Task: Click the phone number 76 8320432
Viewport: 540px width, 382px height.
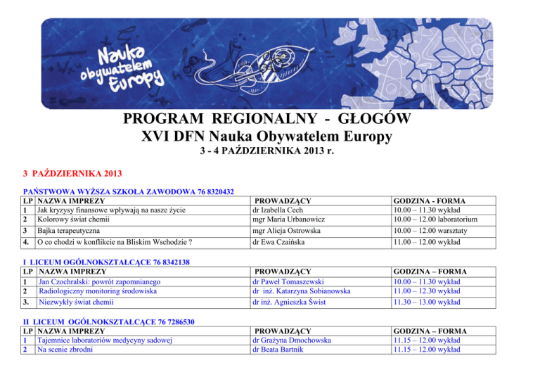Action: pyautogui.click(x=206, y=191)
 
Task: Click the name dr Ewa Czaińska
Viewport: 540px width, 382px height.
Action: pyautogui.click(x=281, y=243)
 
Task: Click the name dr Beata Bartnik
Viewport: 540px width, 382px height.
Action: pyautogui.click(x=283, y=350)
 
